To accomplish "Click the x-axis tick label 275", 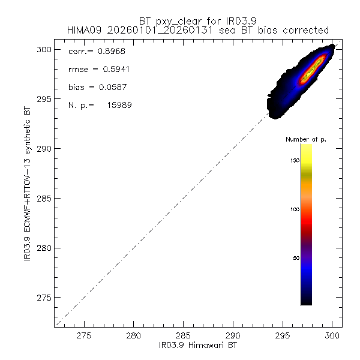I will click(84, 337).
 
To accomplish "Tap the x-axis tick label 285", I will click(183, 337).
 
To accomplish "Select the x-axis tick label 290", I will click(233, 337).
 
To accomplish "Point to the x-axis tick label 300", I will click(332, 337).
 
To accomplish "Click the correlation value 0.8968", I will click(111, 52).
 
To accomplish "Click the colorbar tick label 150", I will click(293, 161).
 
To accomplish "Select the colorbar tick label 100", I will click(293, 209).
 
